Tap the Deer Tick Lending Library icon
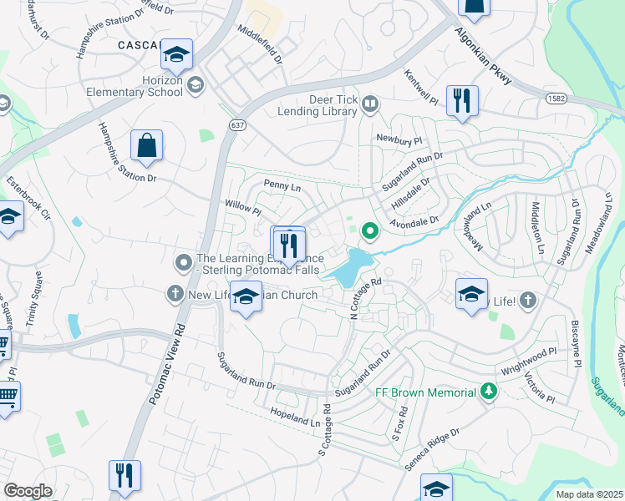coord(370,104)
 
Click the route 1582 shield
coord(556,99)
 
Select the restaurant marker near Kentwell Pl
coord(461,101)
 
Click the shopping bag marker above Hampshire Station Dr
coord(146,145)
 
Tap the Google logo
coord(28,490)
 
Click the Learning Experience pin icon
coord(184,263)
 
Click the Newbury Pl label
coord(395,138)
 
